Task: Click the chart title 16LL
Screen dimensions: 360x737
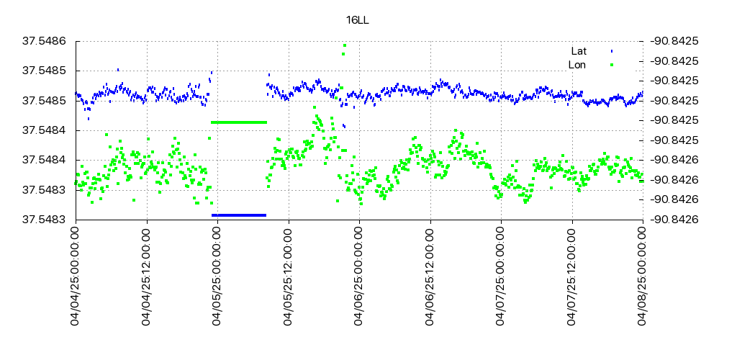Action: click(x=357, y=20)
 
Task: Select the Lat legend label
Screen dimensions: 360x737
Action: click(x=579, y=51)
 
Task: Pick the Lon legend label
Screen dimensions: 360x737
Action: click(x=577, y=65)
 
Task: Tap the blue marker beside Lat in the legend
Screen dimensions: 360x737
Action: click(x=612, y=51)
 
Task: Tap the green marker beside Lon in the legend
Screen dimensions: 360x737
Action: click(x=612, y=65)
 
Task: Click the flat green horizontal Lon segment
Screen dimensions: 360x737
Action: click(x=239, y=122)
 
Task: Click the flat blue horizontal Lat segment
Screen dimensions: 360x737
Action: click(x=239, y=215)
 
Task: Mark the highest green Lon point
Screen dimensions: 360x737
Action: click(x=345, y=45)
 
